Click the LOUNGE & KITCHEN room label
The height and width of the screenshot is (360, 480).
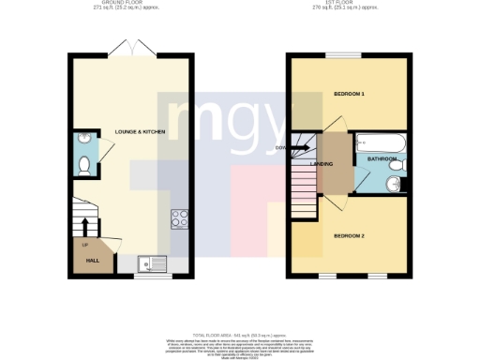[140, 132]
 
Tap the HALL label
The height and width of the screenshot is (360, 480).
[93, 261]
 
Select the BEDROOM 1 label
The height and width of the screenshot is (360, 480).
[349, 95]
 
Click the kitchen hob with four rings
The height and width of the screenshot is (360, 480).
[179, 219]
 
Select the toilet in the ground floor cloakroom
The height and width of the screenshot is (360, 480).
[84, 167]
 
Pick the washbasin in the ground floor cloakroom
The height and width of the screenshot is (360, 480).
[84, 141]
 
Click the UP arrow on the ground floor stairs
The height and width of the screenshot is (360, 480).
[86, 226]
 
